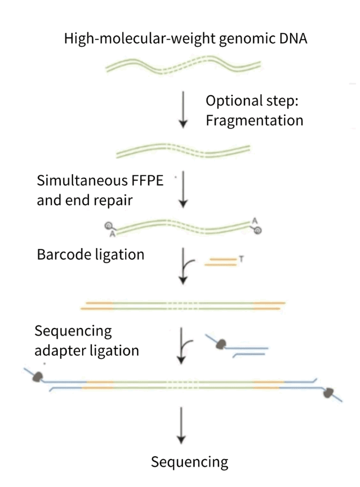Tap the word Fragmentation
(255, 120)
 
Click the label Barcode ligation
(90, 255)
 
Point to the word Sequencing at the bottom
(189, 462)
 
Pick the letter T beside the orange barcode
(240, 259)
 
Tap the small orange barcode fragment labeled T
(220, 261)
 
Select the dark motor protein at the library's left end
(37, 376)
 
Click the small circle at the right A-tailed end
(258, 230)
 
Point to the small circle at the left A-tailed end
(107, 226)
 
